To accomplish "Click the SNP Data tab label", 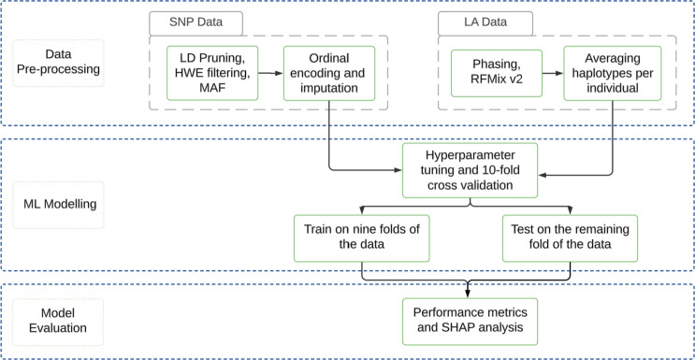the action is [x=195, y=23].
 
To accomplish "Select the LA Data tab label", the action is [x=485, y=23].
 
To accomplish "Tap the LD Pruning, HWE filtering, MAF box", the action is [x=212, y=73].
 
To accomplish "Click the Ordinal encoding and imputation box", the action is [x=329, y=73].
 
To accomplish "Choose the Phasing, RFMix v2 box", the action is [x=497, y=73].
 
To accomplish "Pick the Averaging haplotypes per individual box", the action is [x=612, y=73].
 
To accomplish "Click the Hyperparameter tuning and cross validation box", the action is [x=470, y=170].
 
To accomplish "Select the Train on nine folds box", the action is [x=362, y=238].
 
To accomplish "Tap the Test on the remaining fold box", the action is [x=570, y=238].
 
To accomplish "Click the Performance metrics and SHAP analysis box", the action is [x=470, y=322].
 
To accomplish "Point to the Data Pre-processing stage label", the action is [x=59, y=63].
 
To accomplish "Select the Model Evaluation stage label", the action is [x=59, y=321].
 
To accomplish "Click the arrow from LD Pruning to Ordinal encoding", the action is [x=270, y=73].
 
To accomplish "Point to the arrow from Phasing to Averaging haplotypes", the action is [x=553, y=73].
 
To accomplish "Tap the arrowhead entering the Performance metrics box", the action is [x=467, y=294].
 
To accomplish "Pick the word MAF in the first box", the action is [x=212, y=87].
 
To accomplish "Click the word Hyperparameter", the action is [x=470, y=156].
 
